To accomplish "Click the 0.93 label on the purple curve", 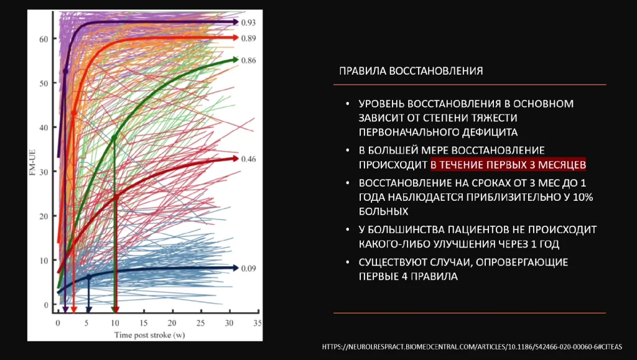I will (249, 22).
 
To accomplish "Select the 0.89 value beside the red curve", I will (249, 39).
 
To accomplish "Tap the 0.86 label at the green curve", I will (249, 60).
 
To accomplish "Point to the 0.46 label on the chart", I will (249, 159).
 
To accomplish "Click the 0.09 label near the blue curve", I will (249, 269).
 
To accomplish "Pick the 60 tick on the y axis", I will (43, 39).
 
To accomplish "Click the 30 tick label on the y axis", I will (43, 172).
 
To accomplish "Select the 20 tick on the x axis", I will (172, 323).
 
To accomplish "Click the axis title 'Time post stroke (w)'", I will (151, 335).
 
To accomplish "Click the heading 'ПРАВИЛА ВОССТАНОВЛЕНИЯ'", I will (411, 71).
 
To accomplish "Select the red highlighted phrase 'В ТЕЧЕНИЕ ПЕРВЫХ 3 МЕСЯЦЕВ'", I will (508, 164).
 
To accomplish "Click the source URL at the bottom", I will (472, 346).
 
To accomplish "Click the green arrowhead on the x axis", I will (114, 309).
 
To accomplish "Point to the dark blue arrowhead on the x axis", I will (88, 309).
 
